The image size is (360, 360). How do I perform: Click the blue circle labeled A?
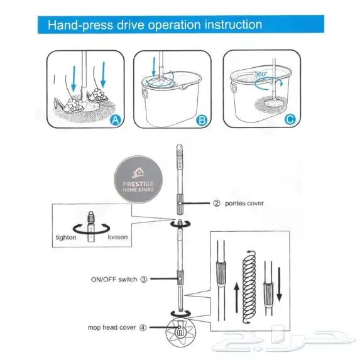coord(115,119)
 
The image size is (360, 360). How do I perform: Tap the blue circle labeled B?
coord(202,120)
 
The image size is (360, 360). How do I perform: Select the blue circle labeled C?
coord(290,119)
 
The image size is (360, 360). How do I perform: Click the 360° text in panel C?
coord(261,74)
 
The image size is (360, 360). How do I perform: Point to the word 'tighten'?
coord(66,237)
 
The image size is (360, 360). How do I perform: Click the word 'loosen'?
coord(117,237)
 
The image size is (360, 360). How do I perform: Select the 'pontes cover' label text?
coord(244,203)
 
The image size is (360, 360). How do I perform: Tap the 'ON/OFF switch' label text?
coord(114,280)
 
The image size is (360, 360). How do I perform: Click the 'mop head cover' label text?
coord(112,327)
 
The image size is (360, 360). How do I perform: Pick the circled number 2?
coord(217,203)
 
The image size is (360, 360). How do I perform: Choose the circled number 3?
coord(144,280)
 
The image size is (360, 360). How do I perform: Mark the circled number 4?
coord(143,327)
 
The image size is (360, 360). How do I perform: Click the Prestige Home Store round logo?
coord(138,179)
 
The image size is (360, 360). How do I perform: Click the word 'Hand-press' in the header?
coord(80,25)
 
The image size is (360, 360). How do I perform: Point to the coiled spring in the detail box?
coord(249,287)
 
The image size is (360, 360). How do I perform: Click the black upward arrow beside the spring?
coord(237,298)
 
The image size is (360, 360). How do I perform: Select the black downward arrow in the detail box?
coord(279,284)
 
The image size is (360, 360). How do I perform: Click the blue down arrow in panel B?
coord(154,67)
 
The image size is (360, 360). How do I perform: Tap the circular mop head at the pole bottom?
coord(181,332)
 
